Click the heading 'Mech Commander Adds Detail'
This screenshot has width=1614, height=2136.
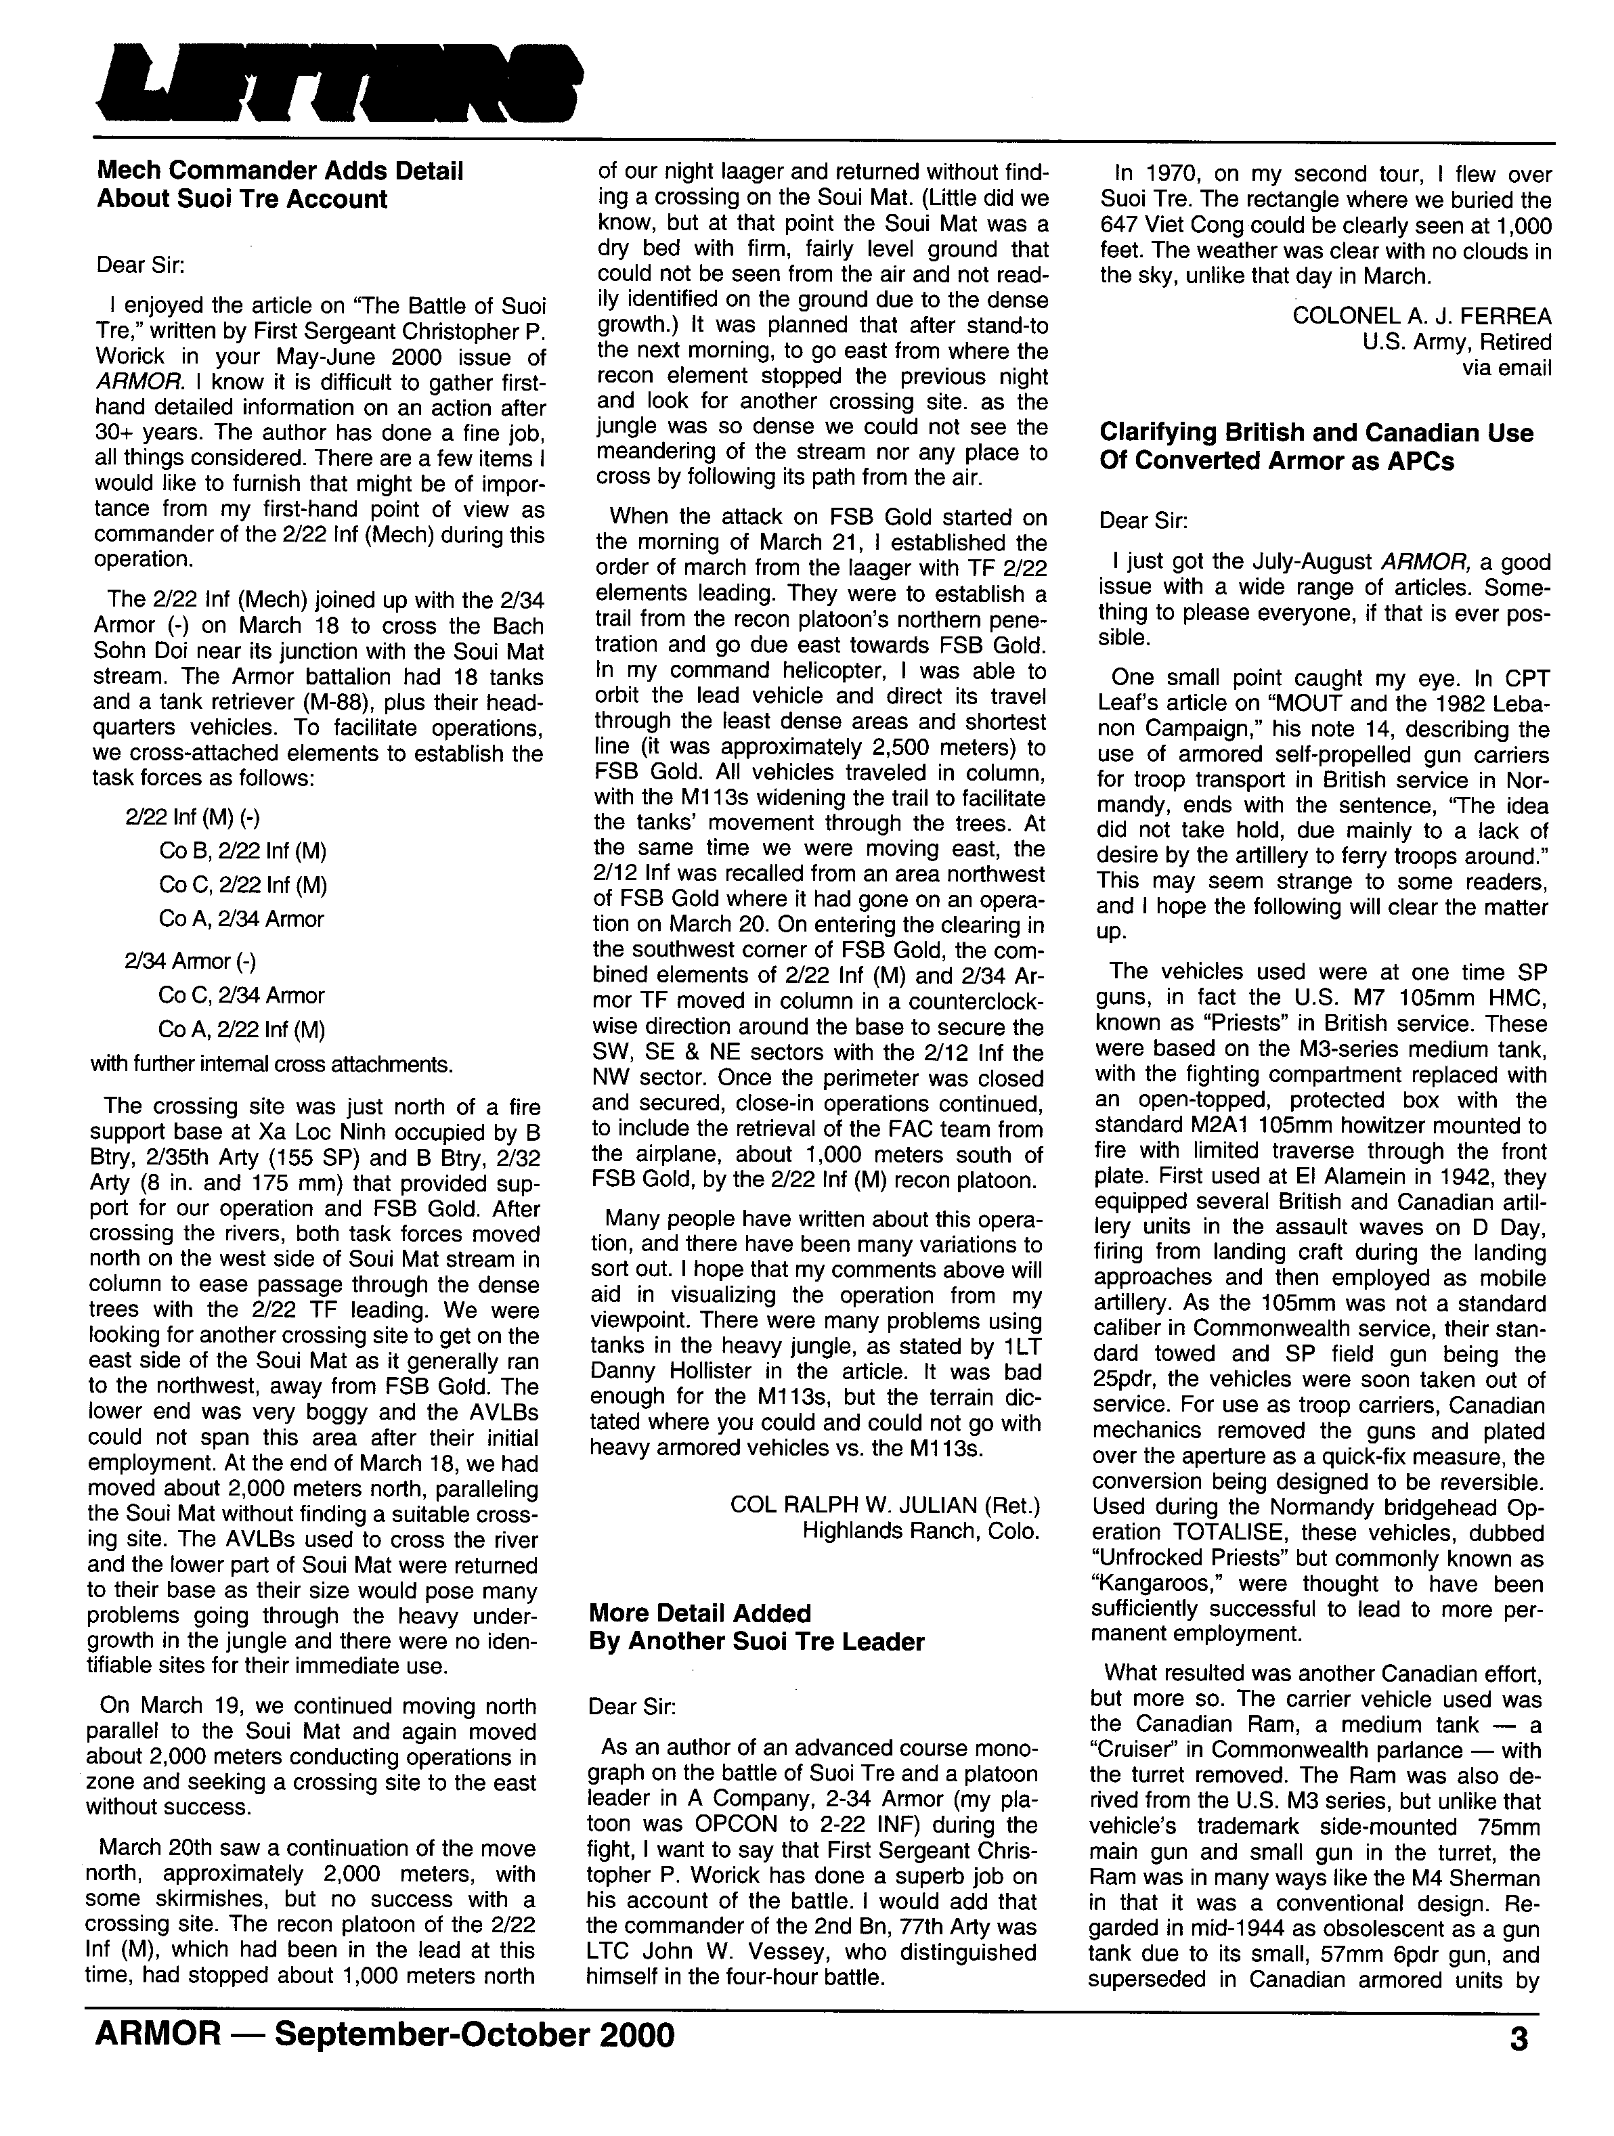[280, 171]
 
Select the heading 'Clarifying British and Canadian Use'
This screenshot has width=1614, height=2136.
[1315, 433]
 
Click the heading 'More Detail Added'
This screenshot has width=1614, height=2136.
[700, 1613]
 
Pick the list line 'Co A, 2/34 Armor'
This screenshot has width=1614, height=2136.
[242, 919]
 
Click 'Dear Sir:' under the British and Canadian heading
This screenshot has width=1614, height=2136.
[1143, 521]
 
